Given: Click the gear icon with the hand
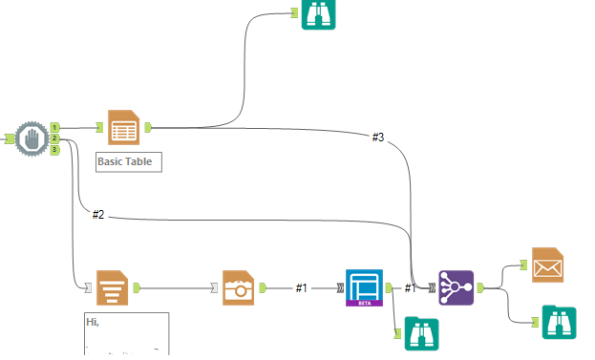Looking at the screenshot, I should pos(32,139).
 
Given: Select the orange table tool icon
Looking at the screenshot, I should pos(124,126).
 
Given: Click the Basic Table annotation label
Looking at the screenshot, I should pos(129,161).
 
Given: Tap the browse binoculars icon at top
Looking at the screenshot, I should pos(319,13).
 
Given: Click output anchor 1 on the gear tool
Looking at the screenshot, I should pos(54,127).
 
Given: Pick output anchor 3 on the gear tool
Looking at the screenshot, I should pos(54,150).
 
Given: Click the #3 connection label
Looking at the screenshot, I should pos(378,138).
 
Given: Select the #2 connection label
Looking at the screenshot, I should pos(98,214).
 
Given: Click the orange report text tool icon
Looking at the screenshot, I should pos(113,286).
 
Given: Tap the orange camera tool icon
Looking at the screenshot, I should pos(239,286).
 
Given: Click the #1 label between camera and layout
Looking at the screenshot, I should pos(302,287).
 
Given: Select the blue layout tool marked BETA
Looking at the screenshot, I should pos(363,286).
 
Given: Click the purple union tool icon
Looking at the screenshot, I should pos(456,286).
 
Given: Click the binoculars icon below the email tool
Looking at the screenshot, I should pos(559,323).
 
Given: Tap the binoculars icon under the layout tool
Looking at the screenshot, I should pos(422,333).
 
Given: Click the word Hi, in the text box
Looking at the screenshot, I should pos(93,323).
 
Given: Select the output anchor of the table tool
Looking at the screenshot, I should pos(148,126).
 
